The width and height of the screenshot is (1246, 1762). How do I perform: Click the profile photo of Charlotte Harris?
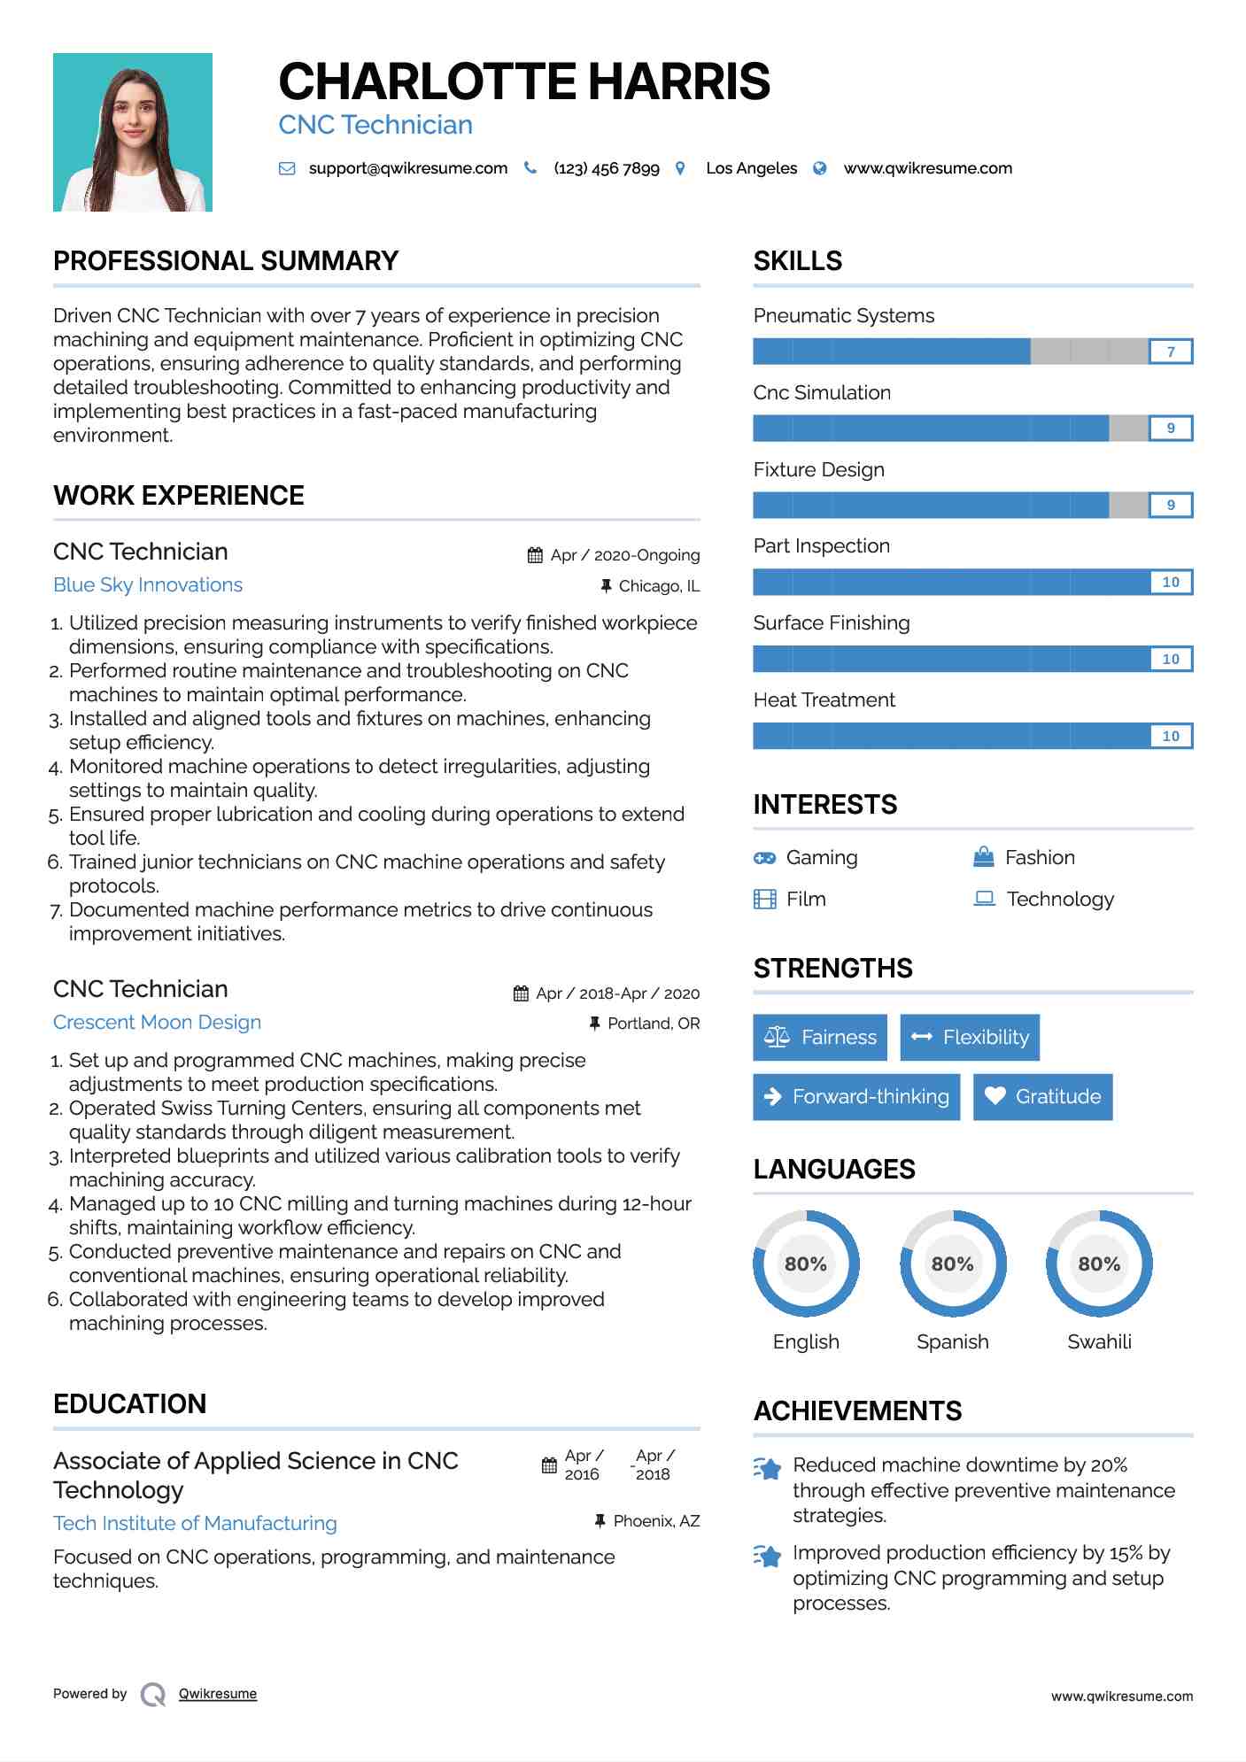133,133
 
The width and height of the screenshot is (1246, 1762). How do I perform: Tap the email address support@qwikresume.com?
407,168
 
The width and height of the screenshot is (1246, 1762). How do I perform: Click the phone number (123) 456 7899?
607,168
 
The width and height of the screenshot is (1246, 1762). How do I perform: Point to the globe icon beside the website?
820,168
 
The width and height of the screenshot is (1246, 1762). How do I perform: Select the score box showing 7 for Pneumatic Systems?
1170,352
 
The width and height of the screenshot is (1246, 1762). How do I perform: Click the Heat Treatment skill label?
824,699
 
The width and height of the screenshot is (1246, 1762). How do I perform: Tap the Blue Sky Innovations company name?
148,584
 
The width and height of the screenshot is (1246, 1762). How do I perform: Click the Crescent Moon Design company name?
157,1022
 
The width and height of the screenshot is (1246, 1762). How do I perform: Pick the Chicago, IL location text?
659,586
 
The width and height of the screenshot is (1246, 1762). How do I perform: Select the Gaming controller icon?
764,858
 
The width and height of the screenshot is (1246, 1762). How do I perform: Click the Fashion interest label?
1040,857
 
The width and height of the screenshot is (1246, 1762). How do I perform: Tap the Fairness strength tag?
820,1037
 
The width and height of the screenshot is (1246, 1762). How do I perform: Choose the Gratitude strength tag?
1042,1096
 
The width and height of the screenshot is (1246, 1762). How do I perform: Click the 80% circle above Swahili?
1099,1264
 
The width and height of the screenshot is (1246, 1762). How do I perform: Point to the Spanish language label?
952,1341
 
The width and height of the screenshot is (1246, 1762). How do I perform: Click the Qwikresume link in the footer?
218,1694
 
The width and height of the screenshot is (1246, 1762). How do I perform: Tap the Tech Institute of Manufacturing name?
195,1523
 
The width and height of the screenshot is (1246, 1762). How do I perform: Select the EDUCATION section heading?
129,1403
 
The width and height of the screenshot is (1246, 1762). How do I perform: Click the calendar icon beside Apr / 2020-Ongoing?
535,555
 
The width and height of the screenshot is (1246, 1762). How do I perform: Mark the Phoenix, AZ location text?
656,1521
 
